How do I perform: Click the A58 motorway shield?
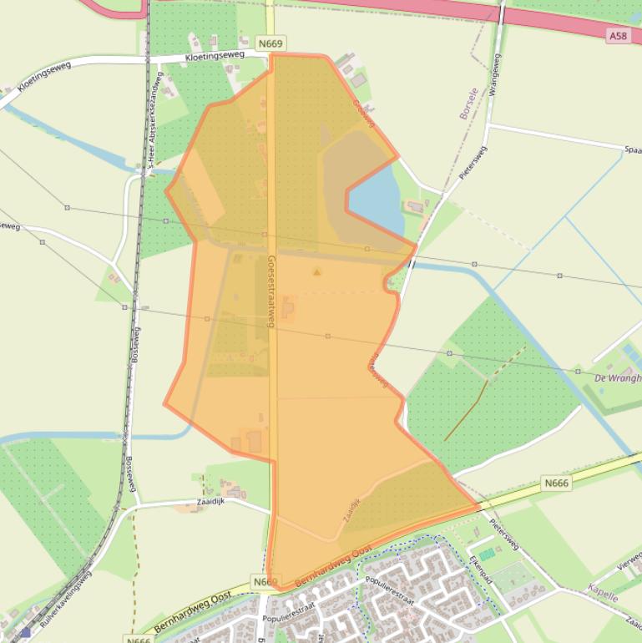tap(617, 36)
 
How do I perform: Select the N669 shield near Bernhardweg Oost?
tap(264, 581)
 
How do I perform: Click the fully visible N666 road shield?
tap(555, 483)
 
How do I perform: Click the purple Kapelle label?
tap(602, 597)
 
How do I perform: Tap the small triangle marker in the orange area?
tap(316, 271)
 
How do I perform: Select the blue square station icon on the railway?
tap(26, 632)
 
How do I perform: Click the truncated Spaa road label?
tap(632, 149)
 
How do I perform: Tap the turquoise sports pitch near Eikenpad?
tap(487, 554)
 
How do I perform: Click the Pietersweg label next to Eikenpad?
tap(505, 534)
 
